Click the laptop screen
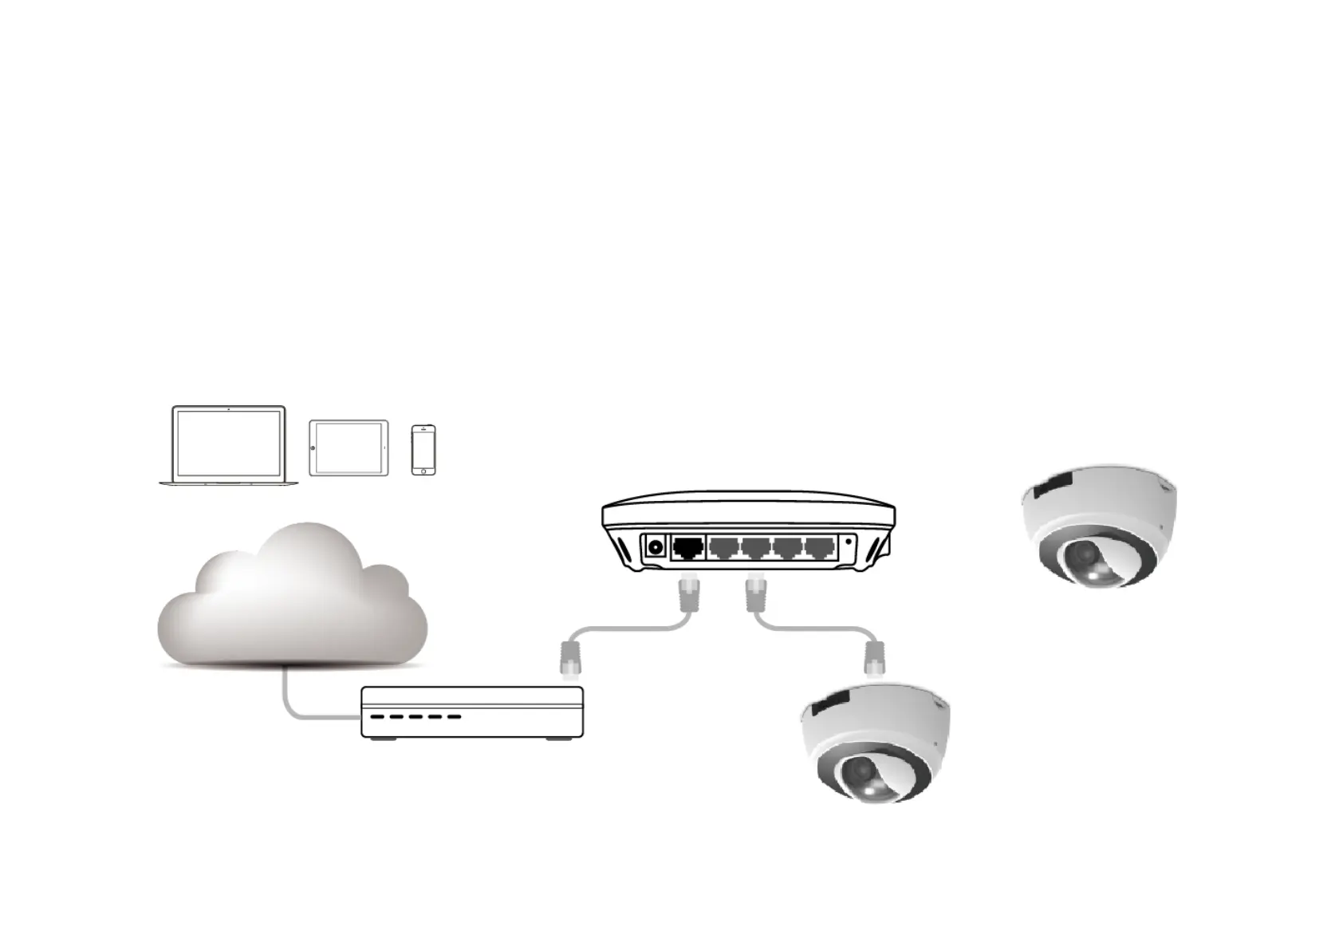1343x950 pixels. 229,443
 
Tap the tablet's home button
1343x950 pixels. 313,447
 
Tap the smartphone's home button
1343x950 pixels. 423,471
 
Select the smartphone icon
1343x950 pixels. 423,450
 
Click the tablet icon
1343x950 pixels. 349,447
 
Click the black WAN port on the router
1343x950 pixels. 688,548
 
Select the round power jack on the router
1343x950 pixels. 656,548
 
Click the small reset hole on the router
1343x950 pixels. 849,542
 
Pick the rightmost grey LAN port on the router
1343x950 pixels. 819,548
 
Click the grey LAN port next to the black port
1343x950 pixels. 723,548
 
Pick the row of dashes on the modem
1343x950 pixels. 416,716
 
